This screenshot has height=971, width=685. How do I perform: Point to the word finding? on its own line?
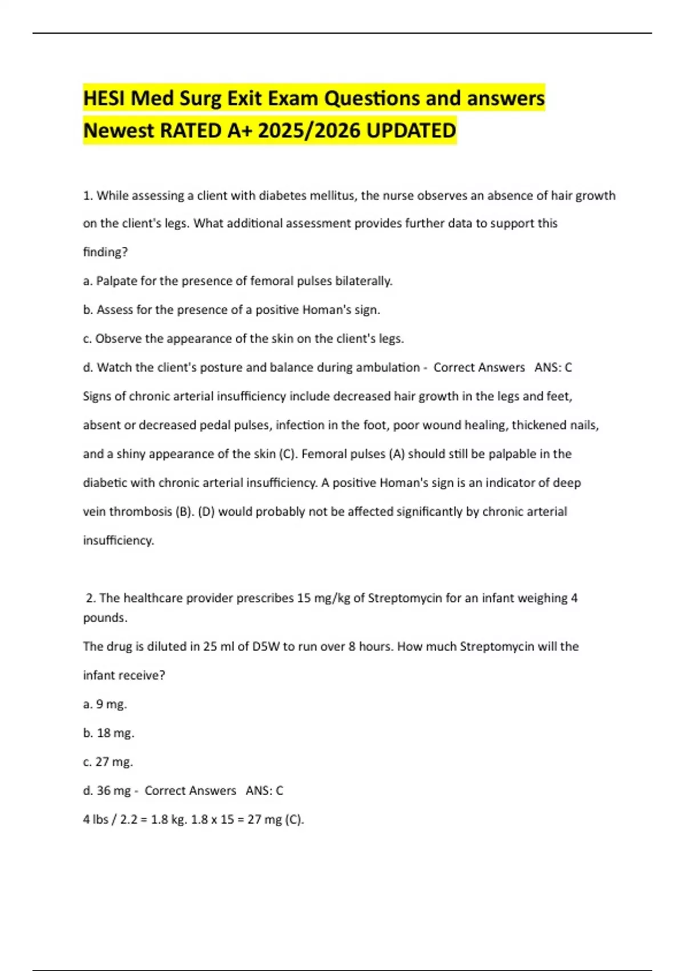click(106, 252)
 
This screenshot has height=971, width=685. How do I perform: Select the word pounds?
click(105, 618)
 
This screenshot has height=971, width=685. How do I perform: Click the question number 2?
click(90, 598)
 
